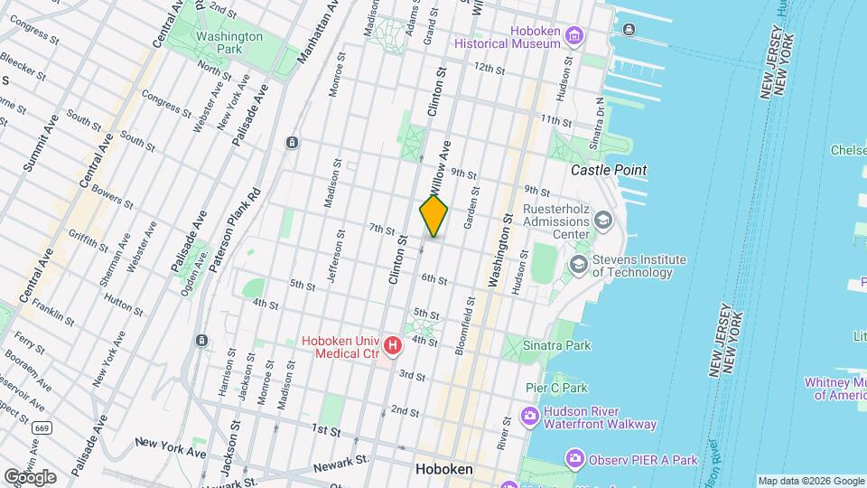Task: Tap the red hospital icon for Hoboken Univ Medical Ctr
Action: pos(393,345)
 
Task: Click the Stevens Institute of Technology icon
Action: pos(578,266)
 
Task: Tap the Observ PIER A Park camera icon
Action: pos(574,460)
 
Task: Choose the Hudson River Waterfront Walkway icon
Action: pos(530,417)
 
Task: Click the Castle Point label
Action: pos(609,170)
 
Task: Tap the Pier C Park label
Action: pos(556,388)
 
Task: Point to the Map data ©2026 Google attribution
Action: pos(810,481)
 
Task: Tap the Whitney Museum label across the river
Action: pos(835,388)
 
